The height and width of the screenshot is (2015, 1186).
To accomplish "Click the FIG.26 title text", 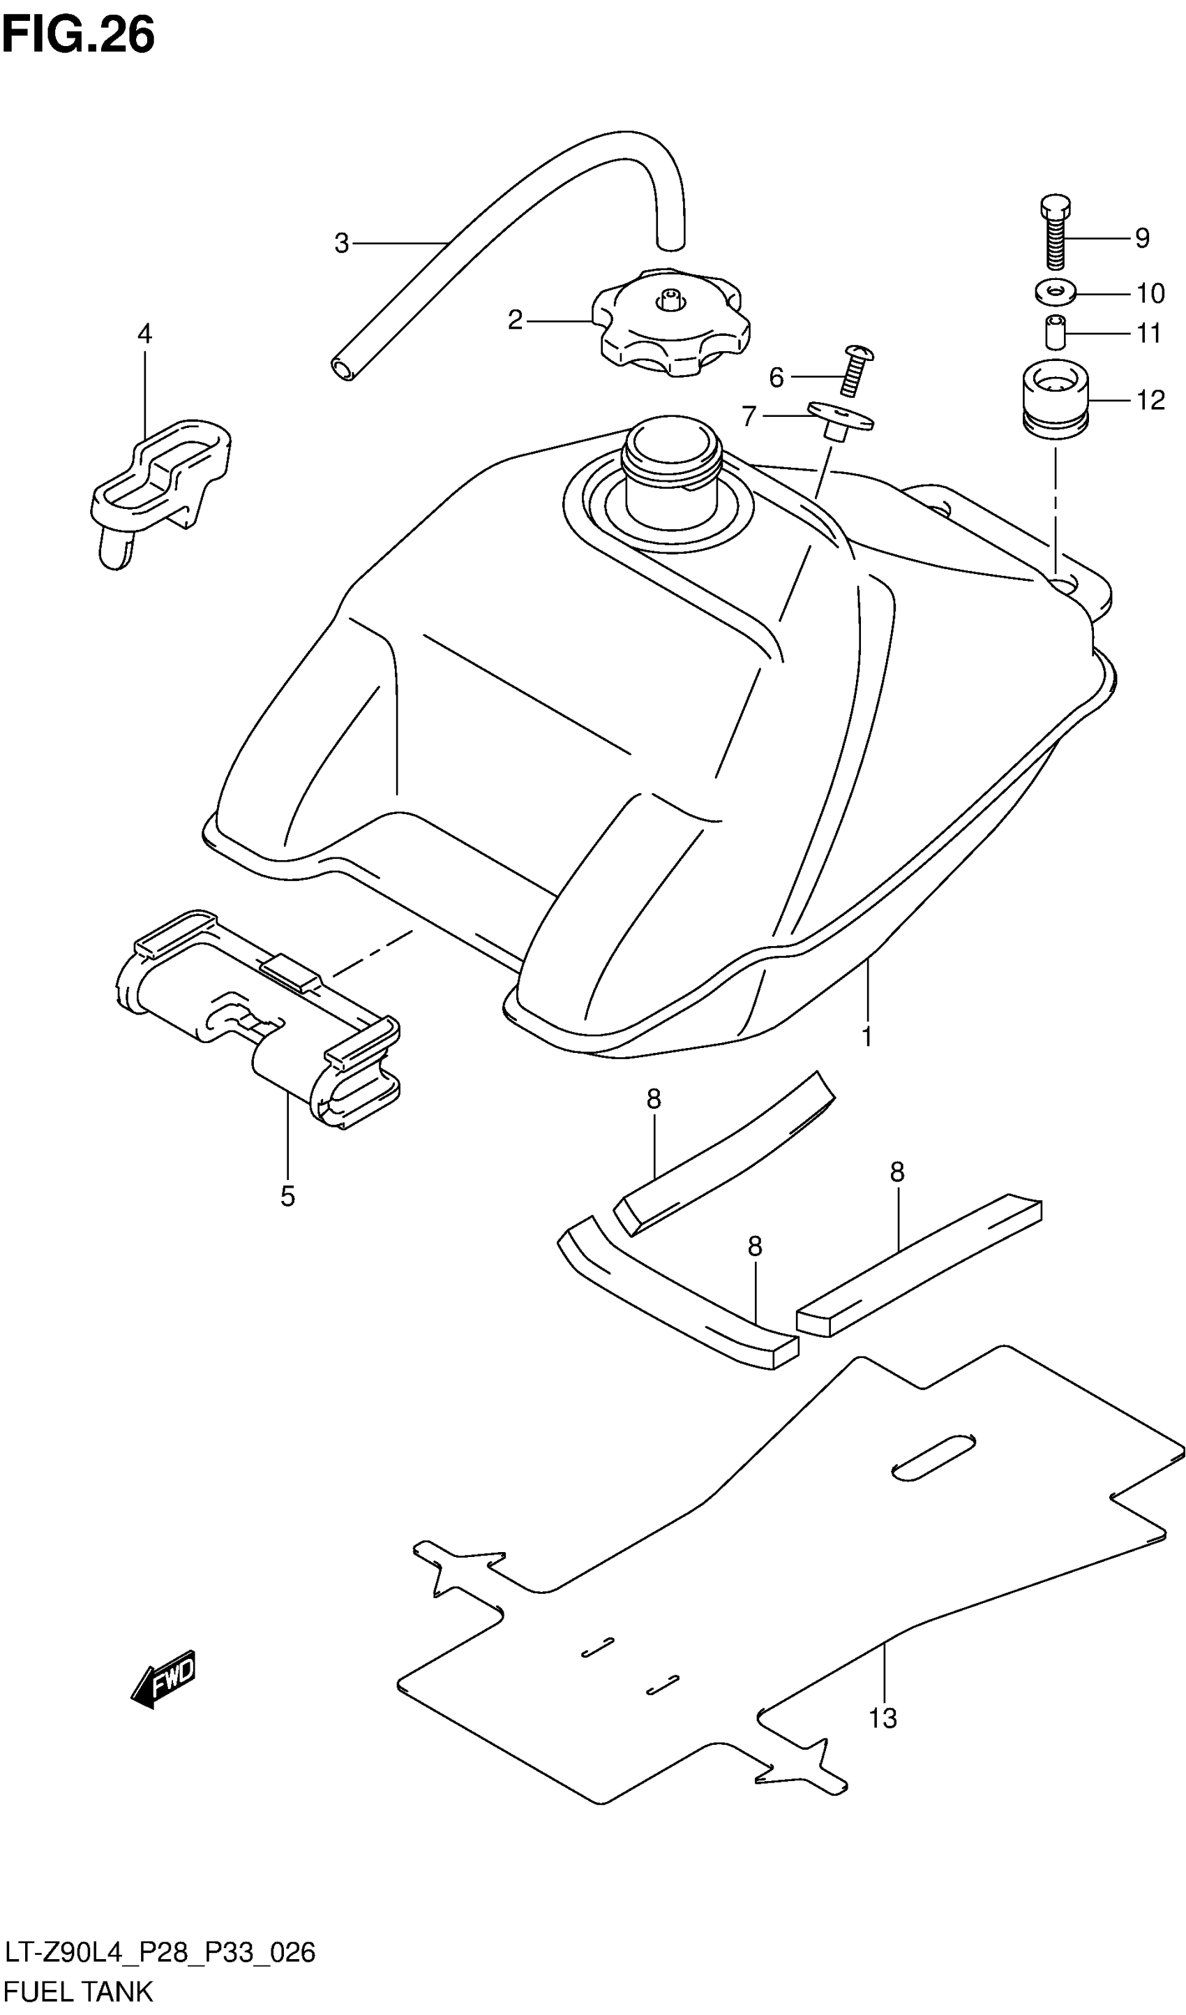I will (x=78, y=36).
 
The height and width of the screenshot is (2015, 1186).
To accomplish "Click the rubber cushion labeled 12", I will (x=1056, y=400).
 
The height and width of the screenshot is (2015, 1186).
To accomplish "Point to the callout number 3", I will (x=341, y=243).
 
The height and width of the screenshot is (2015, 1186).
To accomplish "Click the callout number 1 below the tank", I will (x=867, y=1036).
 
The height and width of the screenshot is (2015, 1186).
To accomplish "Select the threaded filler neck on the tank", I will (x=671, y=464).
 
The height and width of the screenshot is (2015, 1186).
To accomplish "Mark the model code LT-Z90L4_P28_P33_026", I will (x=160, y=1952).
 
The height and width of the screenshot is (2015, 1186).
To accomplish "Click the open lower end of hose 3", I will (x=344, y=369).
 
